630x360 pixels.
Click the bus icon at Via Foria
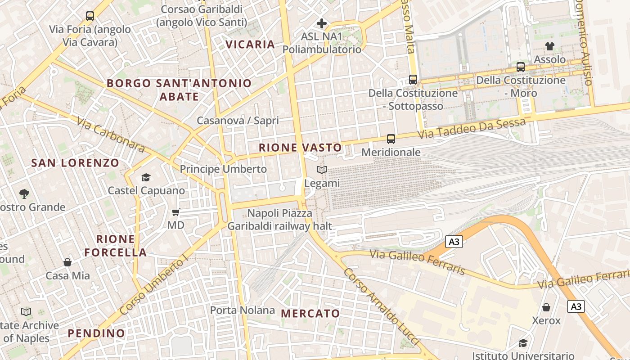pos(90,16)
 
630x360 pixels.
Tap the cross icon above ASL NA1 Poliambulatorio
pos(322,23)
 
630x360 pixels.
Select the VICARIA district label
pos(250,44)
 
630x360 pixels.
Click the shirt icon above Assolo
pos(549,46)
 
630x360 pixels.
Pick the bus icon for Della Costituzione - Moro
pos(521,67)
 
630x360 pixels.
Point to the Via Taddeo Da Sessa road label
pos(472,128)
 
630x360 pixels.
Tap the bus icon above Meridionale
pos(391,139)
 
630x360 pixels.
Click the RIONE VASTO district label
pos(300,148)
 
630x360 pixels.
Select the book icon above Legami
pos(322,170)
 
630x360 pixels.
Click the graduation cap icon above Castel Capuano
pos(146,177)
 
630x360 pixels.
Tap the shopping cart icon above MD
pos(176,211)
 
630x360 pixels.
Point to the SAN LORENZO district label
pos(75,163)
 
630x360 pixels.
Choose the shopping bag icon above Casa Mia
pos(67,262)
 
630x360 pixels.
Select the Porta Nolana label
pos(243,310)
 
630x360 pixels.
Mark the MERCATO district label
pos(310,314)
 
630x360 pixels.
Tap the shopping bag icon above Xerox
pos(546,307)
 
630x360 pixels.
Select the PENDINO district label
pos(96,333)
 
